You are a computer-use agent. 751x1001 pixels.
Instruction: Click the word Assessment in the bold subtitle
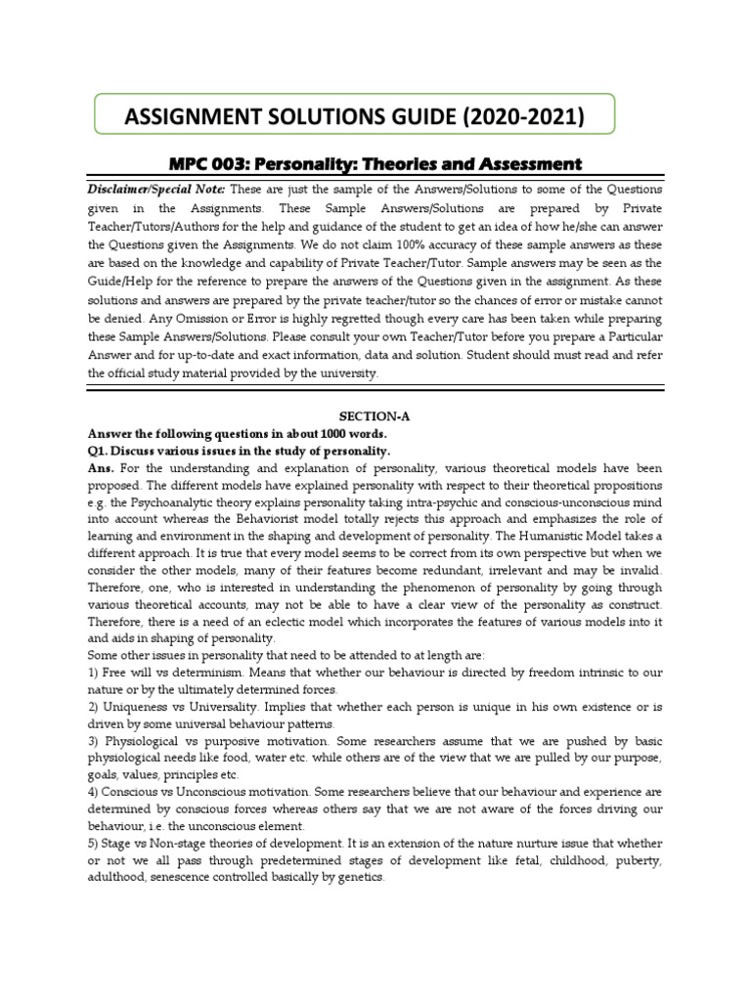tap(522, 164)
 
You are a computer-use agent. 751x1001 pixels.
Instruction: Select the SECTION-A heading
tap(375, 415)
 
